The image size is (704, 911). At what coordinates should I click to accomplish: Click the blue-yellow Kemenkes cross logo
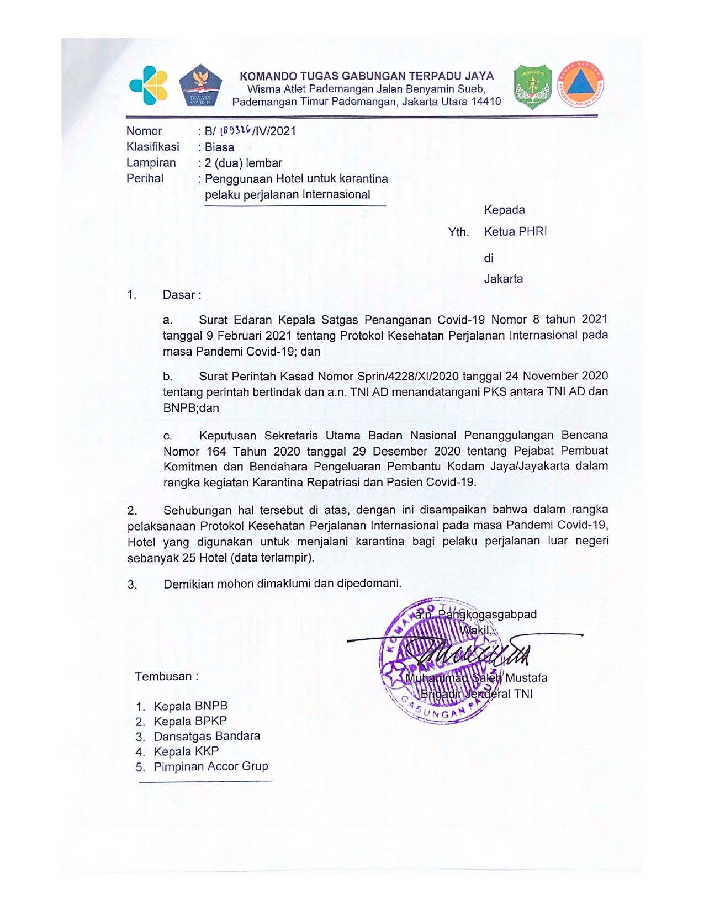pyautogui.click(x=148, y=84)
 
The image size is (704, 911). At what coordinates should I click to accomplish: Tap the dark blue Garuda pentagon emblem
pyautogui.click(x=200, y=86)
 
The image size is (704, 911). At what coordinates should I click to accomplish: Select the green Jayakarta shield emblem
pyautogui.click(x=532, y=87)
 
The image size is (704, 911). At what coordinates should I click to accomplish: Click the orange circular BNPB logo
pyautogui.click(x=579, y=84)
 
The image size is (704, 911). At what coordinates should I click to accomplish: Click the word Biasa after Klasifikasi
pyautogui.click(x=219, y=147)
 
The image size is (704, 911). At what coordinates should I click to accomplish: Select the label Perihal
pyautogui.click(x=145, y=178)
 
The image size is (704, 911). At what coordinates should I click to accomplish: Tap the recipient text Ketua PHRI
pyautogui.click(x=515, y=232)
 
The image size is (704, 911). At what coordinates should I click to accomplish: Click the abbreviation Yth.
pyautogui.click(x=458, y=232)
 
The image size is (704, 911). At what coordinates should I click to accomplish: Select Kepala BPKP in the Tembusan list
pyautogui.click(x=190, y=721)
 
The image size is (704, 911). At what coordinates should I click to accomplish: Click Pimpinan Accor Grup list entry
pyautogui.click(x=210, y=766)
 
